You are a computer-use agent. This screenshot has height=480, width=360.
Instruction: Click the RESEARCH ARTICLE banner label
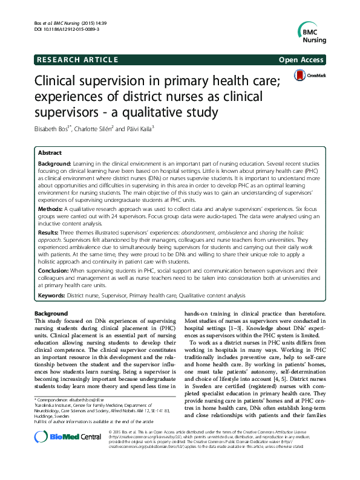(68, 60)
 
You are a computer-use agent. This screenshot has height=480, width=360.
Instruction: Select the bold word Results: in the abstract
(50, 233)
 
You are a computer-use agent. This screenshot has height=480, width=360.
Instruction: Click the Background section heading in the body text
(51, 314)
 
